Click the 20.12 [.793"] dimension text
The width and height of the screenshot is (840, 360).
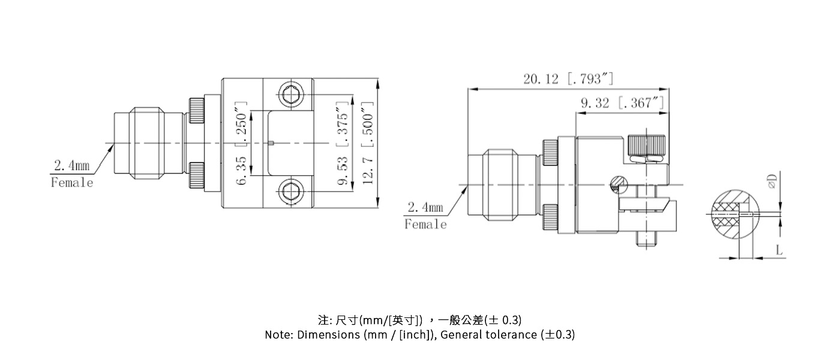click(x=568, y=79)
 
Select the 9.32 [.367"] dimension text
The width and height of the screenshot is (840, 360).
click(x=622, y=103)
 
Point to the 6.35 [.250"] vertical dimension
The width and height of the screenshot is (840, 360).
click(x=242, y=144)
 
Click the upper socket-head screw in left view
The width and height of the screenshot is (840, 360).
click(x=291, y=95)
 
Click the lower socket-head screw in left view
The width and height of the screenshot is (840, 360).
click(x=291, y=193)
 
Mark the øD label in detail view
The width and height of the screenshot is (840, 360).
click(x=772, y=180)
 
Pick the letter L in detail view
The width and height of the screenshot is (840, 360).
click(x=779, y=250)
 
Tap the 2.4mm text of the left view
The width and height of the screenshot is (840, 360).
click(x=71, y=166)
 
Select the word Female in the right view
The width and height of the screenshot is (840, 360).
click(x=425, y=224)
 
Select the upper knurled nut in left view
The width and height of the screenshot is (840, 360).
click(x=196, y=110)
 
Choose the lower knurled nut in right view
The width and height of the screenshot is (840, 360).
click(x=550, y=218)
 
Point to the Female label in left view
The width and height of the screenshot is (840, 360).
click(x=72, y=183)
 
